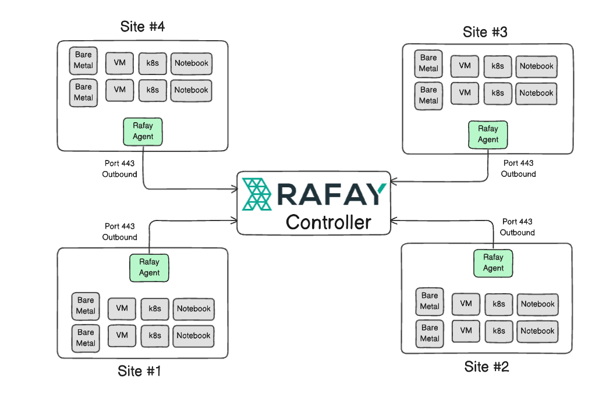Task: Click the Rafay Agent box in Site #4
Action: click(x=143, y=131)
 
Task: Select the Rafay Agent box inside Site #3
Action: click(x=488, y=134)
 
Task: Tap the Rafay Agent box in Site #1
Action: click(x=149, y=268)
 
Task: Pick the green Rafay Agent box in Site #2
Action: click(x=493, y=263)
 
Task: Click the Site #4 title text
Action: click(x=143, y=27)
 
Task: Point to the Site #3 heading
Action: click(x=485, y=32)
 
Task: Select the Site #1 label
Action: click(x=139, y=371)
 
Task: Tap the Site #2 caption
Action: click(x=487, y=366)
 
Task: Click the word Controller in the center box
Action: click(x=328, y=222)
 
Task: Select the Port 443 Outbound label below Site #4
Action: click(x=120, y=169)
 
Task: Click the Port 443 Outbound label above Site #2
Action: click(x=517, y=227)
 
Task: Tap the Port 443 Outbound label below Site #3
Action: click(x=518, y=169)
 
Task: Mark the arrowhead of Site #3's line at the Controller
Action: click(x=394, y=181)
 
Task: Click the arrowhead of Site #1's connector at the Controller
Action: click(x=234, y=220)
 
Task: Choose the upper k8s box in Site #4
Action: click(x=153, y=63)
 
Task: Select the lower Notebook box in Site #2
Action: click(x=537, y=331)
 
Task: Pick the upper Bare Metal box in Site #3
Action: click(x=428, y=63)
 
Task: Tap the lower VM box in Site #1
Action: click(x=122, y=336)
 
